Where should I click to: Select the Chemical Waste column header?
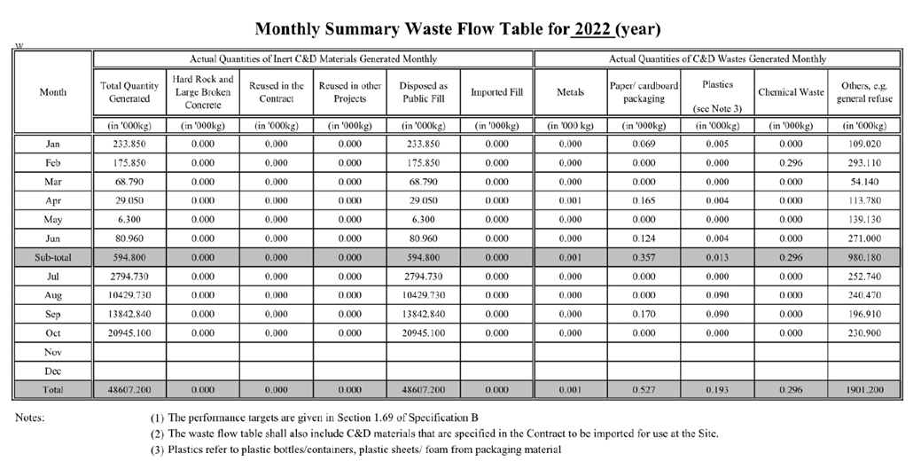point(791,92)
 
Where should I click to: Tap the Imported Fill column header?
point(496,92)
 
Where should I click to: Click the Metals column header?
point(570,92)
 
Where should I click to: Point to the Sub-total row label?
point(52,256)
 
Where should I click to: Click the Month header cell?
point(52,92)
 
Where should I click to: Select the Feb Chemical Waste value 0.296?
point(791,161)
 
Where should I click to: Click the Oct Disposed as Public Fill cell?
point(423,332)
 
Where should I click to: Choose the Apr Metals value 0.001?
point(570,199)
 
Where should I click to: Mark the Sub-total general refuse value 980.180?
point(862,256)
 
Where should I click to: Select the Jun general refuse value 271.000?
point(862,238)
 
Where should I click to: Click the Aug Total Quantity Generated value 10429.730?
point(129,294)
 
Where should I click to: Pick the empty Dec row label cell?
point(52,371)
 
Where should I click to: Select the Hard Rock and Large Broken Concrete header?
point(203,92)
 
